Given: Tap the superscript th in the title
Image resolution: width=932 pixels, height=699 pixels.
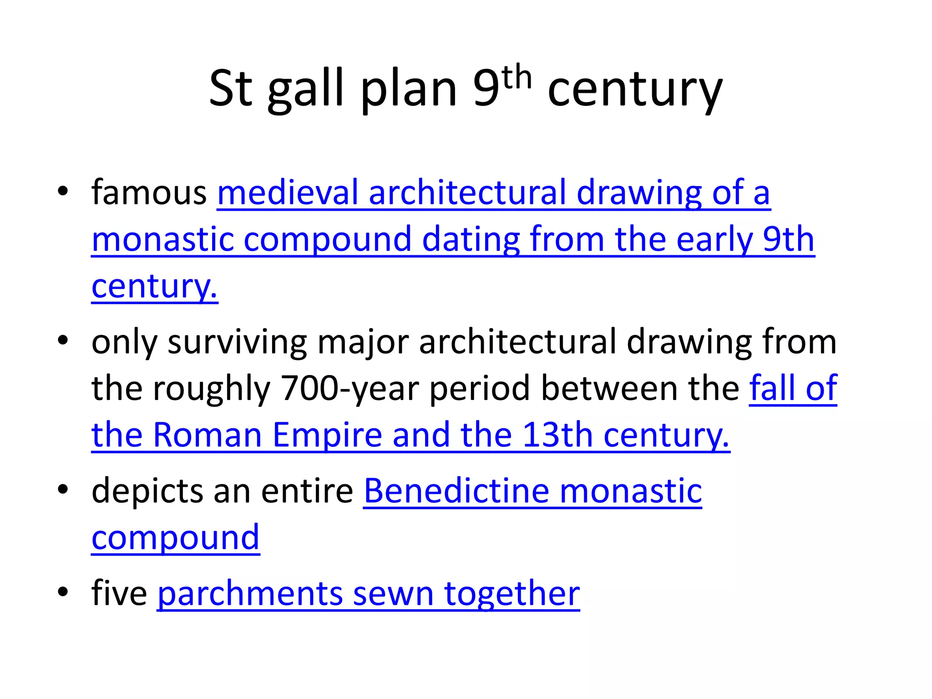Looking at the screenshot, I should tap(517, 78).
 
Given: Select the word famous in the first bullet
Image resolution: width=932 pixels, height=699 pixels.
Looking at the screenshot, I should tap(149, 192).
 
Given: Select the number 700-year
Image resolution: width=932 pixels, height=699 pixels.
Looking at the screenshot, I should tap(350, 389).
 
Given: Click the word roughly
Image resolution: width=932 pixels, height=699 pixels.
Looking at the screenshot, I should tap(212, 389).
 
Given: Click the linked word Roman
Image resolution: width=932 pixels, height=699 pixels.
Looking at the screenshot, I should tap(207, 435).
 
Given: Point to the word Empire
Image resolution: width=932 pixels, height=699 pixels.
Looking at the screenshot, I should tap(327, 435).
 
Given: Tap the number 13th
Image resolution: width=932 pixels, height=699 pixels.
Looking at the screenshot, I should tap(557, 435).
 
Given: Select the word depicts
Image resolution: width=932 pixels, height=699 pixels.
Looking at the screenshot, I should tap(147, 491).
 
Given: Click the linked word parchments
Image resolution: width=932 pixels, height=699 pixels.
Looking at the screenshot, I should tap(250, 593).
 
